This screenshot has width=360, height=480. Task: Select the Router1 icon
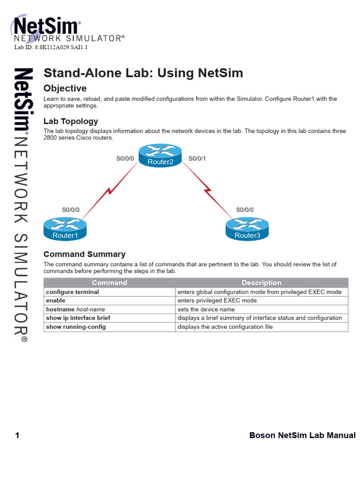(x=65, y=228)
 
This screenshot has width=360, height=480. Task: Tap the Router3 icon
(x=247, y=228)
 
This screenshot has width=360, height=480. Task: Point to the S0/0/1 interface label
(x=197, y=159)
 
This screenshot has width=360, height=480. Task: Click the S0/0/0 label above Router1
(x=71, y=210)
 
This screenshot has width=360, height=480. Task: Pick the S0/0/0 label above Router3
(x=245, y=210)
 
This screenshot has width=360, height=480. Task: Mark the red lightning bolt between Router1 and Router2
(x=109, y=191)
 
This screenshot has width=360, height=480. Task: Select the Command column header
(x=109, y=283)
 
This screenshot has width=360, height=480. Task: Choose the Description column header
(x=262, y=283)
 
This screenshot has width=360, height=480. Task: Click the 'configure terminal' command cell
(x=73, y=292)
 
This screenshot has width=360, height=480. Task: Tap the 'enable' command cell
(x=56, y=300)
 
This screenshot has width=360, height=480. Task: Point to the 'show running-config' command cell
(x=76, y=327)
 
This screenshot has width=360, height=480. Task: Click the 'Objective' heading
(x=65, y=89)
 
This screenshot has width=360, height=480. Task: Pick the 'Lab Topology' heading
(x=71, y=121)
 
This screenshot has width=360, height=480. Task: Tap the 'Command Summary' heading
(x=84, y=255)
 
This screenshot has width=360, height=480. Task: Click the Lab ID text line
(x=51, y=48)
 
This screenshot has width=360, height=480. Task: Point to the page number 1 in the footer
(x=17, y=436)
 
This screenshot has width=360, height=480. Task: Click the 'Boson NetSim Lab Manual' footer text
(x=302, y=436)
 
